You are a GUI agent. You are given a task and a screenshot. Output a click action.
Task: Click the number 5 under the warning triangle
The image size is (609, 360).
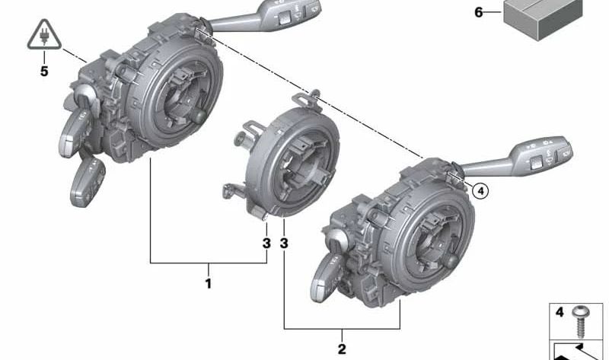[44, 72]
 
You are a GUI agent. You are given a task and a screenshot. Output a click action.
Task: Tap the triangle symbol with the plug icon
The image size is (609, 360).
[44, 37]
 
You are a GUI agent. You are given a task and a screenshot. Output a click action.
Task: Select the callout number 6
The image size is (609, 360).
[479, 12]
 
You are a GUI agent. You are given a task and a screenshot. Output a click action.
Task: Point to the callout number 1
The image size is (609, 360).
[208, 284]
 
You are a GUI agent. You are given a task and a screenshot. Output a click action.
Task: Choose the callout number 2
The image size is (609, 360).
[342, 349]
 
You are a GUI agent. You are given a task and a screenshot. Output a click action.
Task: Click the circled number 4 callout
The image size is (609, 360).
[479, 191]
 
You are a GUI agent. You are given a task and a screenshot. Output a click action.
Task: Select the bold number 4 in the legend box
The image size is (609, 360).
[560, 312]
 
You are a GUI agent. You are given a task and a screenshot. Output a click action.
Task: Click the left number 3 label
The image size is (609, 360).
[266, 244]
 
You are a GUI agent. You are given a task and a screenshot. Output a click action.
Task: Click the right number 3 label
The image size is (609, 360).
[284, 244]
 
